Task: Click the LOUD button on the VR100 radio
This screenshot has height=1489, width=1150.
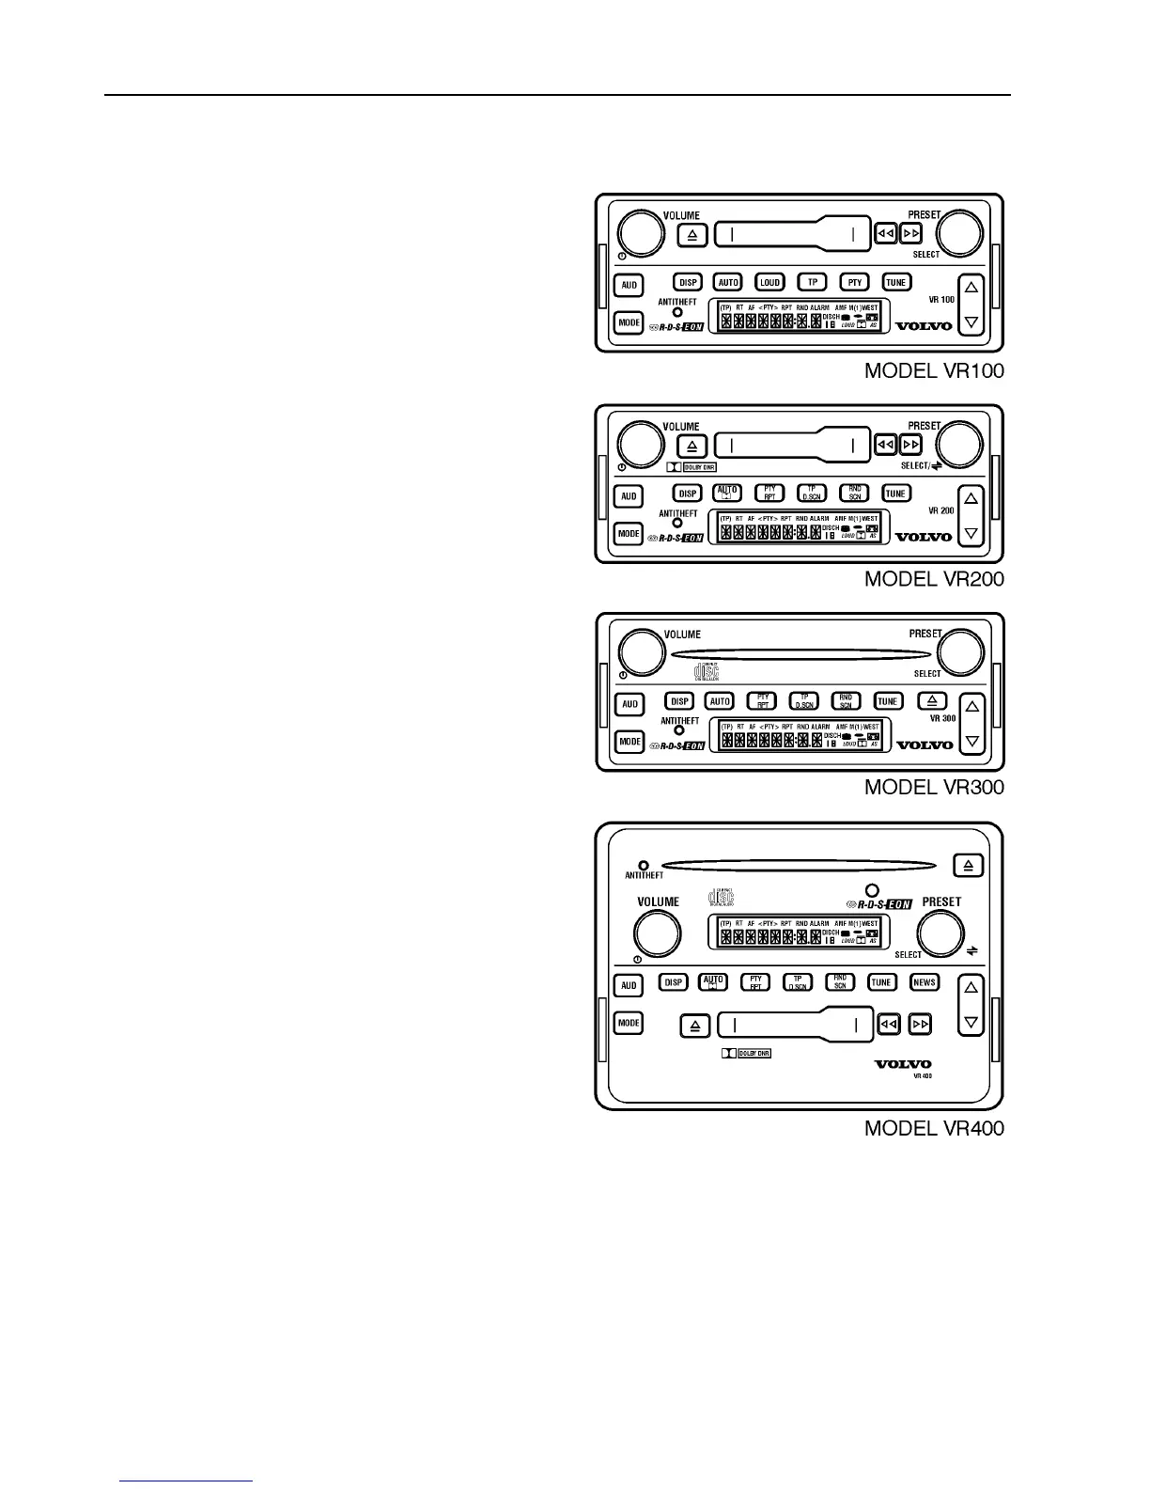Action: [770, 282]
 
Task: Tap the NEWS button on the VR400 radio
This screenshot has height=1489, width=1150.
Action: [925, 982]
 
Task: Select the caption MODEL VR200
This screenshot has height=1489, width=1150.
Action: [934, 579]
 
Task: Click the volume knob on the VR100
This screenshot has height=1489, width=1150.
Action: [641, 233]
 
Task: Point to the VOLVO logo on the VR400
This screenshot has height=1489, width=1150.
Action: [903, 1064]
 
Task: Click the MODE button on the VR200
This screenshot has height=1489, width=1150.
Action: [629, 534]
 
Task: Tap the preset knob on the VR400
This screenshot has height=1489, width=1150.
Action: [940, 933]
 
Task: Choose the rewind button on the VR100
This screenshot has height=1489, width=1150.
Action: [886, 233]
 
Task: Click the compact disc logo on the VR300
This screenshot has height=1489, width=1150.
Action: [706, 671]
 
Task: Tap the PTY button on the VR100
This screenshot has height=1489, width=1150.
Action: [855, 282]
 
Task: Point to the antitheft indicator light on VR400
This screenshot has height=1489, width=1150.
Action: [644, 865]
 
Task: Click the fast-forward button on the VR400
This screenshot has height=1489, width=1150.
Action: [922, 1024]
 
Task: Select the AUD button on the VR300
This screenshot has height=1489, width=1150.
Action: [629, 704]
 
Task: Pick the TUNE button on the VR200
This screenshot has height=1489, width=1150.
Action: [896, 494]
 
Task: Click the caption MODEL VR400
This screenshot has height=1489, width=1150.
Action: [934, 1128]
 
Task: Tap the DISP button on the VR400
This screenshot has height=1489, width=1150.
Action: [673, 982]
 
